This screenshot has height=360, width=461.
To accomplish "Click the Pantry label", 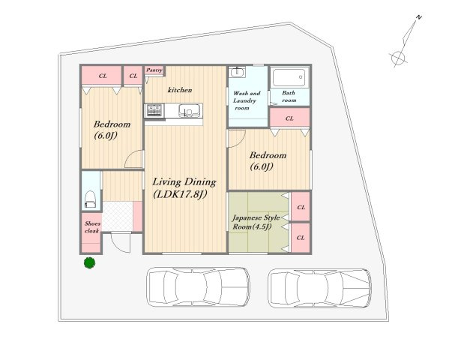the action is pos(154,70).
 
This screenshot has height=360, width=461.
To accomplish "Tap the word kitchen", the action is pos(180,90).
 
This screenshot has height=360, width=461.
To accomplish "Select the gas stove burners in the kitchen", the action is pos(154,110).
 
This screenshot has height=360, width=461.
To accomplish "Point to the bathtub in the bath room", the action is pos(290,77).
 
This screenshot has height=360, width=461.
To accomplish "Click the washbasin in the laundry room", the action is pos(238,72).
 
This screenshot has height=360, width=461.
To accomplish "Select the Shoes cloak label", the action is pos(92,227).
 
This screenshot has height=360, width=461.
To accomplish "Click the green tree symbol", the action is pos(89,262).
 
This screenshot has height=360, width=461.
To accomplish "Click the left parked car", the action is pos(198,286).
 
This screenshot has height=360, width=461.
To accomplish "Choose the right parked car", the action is pos(319,288).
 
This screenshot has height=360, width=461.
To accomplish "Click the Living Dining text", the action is pos(184,182).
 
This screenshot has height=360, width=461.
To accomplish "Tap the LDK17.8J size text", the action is pos(180,194).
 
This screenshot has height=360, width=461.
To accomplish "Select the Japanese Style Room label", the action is pos(256,222).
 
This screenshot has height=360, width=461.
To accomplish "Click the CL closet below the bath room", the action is pos(289,118).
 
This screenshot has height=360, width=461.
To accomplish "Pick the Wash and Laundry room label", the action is pos(247,100).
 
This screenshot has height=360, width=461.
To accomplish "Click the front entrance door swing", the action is pos(121,241).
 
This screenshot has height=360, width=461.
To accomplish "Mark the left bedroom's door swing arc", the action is pos(133,159).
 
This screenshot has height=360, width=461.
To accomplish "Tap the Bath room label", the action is pos(289,97).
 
